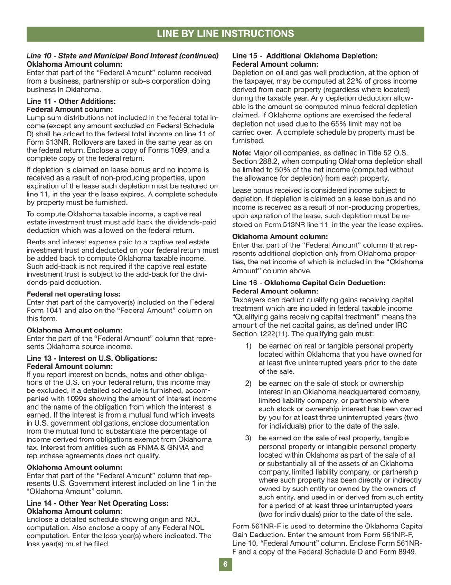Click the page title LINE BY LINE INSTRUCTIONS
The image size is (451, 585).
point(225,33)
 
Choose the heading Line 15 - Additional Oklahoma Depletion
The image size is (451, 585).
point(304,56)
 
